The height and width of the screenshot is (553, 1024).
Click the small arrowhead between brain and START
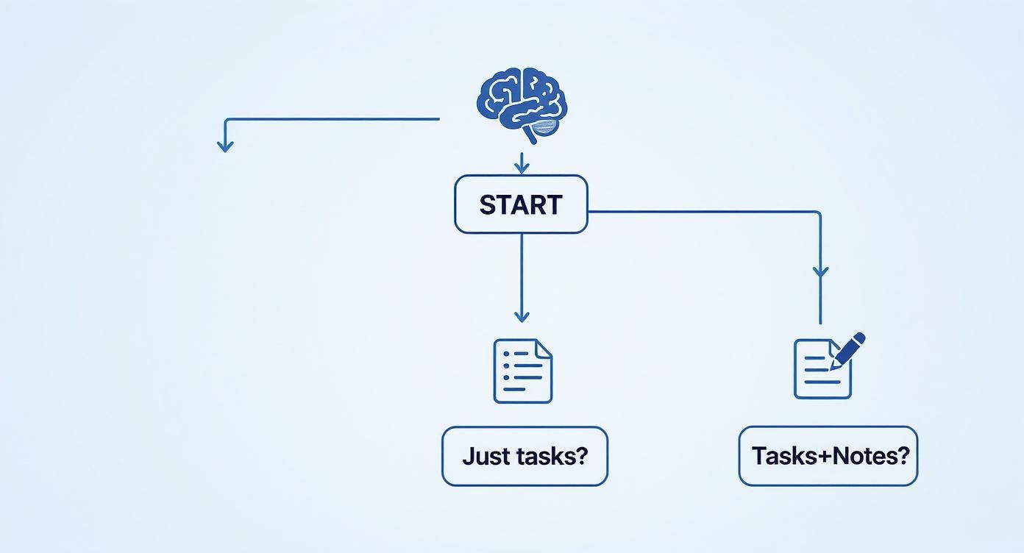click(x=522, y=168)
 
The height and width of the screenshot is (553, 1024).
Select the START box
click(x=521, y=204)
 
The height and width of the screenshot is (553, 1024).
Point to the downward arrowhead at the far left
click(x=225, y=145)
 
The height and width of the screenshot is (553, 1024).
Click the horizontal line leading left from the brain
click(x=331, y=118)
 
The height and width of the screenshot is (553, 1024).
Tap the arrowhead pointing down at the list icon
click(x=522, y=315)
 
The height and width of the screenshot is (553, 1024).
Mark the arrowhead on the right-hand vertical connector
click(x=820, y=271)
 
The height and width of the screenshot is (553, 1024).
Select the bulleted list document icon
click(x=522, y=371)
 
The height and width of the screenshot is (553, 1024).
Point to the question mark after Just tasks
click(x=582, y=456)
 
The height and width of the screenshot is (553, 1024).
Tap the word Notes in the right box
click(x=853, y=456)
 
